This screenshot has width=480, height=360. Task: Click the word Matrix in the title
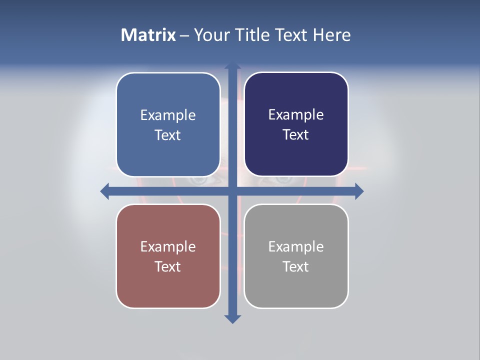coord(148,35)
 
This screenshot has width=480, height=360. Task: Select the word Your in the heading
coord(210,35)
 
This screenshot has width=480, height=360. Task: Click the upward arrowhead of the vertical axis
coord(232,66)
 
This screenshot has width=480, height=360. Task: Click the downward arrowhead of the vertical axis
coord(232,318)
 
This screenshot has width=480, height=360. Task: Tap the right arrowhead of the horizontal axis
coord(358,191)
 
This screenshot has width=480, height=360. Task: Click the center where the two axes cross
coord(232,191)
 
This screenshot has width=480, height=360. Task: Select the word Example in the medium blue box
coord(168,115)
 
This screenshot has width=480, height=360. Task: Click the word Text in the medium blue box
coord(168,135)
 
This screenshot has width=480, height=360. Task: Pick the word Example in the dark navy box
coord(296,115)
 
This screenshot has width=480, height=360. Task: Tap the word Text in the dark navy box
coord(296,134)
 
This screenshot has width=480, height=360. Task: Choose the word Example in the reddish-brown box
coord(168,247)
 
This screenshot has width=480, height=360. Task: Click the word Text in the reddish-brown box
coord(168,266)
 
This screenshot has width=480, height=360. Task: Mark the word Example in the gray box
coord(296,247)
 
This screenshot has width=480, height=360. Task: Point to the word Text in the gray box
coord(296,266)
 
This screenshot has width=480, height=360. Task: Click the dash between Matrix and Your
coord(184,35)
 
